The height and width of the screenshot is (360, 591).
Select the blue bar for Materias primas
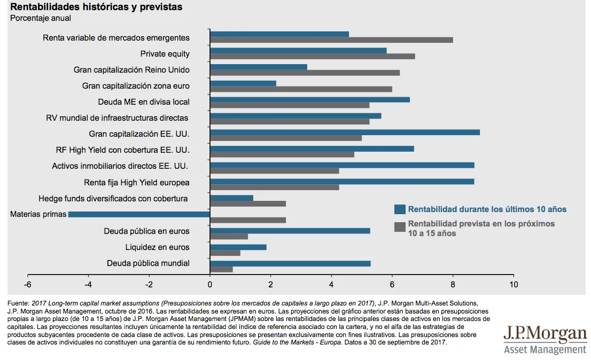tap(139, 214)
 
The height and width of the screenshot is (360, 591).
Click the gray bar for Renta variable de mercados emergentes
tap(331, 40)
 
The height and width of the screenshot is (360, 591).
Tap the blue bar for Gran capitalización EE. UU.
tap(345, 132)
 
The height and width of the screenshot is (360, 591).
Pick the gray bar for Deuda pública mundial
tap(221, 269)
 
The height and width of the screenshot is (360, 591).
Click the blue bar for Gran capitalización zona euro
tap(243, 83)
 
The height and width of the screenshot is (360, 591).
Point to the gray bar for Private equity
tap(312, 56)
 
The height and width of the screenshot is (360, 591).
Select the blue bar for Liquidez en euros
tap(238, 247)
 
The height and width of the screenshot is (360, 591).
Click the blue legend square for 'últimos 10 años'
tap(399, 209)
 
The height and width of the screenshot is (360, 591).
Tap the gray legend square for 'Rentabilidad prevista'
tap(399, 227)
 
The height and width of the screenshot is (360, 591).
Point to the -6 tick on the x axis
tap(28, 284)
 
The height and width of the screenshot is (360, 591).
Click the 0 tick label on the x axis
tap(210, 284)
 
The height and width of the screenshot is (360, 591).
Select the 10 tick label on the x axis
tap(514, 284)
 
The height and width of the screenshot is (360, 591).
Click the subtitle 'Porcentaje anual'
tap(41, 18)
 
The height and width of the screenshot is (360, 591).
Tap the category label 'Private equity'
tap(165, 54)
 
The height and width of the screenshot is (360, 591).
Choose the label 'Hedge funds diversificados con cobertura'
tap(113, 199)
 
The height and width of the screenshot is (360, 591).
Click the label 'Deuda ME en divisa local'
tap(144, 102)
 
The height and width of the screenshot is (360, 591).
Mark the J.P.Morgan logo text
tap(545, 334)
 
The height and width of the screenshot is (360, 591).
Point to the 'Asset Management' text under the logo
tap(545, 350)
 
